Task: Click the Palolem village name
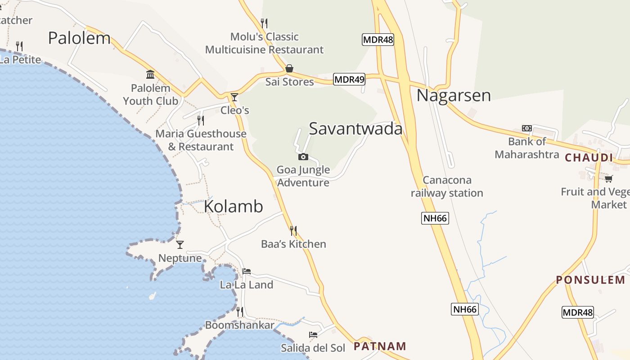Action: (x=79, y=38)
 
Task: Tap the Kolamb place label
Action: (x=234, y=206)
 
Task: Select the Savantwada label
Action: (x=355, y=129)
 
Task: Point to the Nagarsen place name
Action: (x=453, y=95)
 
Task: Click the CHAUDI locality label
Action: (x=589, y=157)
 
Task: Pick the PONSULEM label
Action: (x=590, y=280)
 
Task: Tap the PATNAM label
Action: (x=380, y=346)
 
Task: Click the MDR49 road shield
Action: (x=349, y=80)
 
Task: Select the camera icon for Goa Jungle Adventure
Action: (x=303, y=157)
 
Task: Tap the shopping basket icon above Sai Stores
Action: (x=289, y=69)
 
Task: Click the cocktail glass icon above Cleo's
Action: (x=234, y=97)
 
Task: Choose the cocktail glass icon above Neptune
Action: (x=180, y=245)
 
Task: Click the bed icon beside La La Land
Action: (x=247, y=271)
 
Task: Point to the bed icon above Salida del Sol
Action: (x=313, y=335)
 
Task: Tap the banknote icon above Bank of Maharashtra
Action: (x=526, y=128)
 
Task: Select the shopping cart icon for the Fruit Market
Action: (x=608, y=179)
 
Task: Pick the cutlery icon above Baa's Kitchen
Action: (x=293, y=231)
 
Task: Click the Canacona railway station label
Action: (x=447, y=187)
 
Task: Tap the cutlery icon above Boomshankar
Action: (x=240, y=311)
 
